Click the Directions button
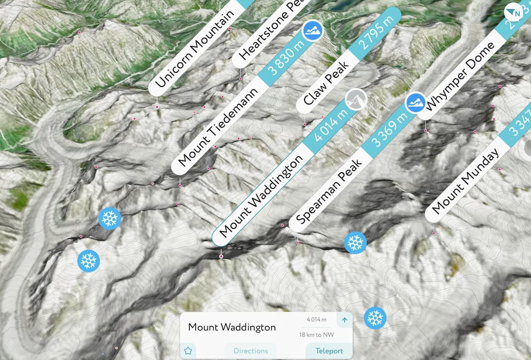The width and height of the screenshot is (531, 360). click(250, 351)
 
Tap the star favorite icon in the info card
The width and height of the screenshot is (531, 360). click(188, 351)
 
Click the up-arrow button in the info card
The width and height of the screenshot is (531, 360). click(344, 320)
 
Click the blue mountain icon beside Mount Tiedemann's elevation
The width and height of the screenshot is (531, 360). click(313, 31)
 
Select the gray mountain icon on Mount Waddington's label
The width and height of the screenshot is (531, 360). click(356, 99)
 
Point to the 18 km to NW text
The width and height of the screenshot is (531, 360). click(316, 335)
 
